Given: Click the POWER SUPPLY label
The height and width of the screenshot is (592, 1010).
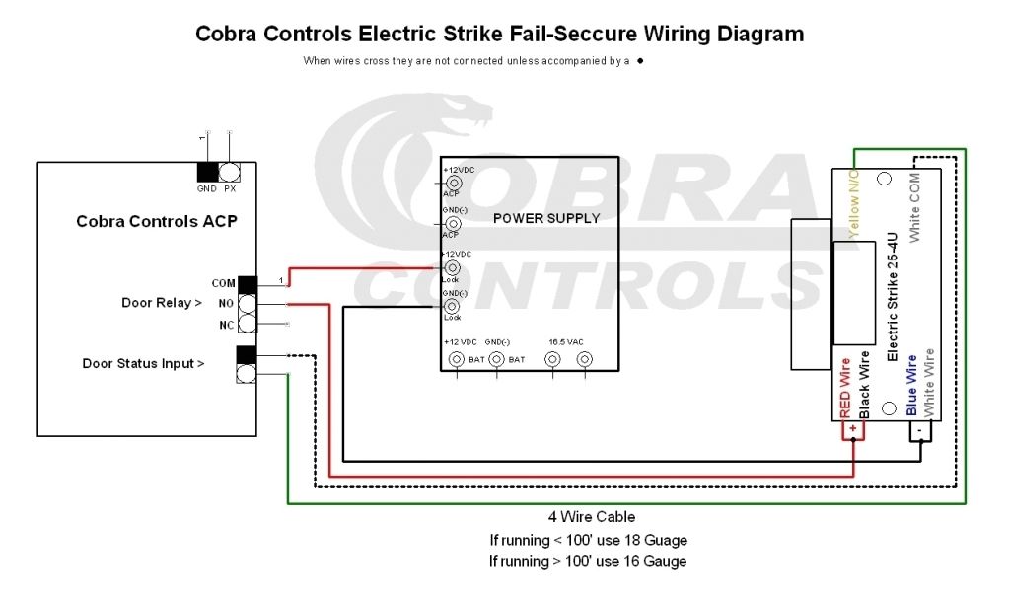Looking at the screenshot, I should pyautogui.click(x=546, y=218).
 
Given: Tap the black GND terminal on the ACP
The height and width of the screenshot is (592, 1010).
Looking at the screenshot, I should pyautogui.click(x=207, y=172).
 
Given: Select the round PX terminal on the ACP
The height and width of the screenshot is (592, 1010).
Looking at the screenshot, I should pyautogui.click(x=230, y=172).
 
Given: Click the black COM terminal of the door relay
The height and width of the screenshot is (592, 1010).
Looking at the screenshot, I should pyautogui.click(x=247, y=284).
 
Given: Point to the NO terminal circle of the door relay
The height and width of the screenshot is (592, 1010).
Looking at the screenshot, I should pyautogui.click(x=247, y=304).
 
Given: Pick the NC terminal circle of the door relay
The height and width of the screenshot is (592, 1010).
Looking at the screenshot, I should pyautogui.click(x=247, y=324).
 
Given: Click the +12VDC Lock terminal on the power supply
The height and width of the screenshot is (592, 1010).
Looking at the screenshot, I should pyautogui.click(x=453, y=267).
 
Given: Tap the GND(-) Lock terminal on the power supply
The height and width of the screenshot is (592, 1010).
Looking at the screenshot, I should pyautogui.click(x=453, y=306).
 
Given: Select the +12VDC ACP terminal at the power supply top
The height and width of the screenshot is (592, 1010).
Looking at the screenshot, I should pyautogui.click(x=454, y=183).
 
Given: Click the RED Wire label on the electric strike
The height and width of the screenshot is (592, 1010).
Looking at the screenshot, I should pyautogui.click(x=845, y=391).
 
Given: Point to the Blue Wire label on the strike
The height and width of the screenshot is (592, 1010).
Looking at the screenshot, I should pyautogui.click(x=912, y=384).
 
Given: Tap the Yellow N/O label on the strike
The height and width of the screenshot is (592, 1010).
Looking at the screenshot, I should pyautogui.click(x=854, y=203).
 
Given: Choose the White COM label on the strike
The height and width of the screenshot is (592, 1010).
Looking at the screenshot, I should pyautogui.click(x=915, y=202).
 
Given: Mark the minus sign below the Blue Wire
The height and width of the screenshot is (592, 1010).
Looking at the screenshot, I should pyautogui.click(x=918, y=432).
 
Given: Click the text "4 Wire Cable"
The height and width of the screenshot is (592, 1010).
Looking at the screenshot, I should pyautogui.click(x=592, y=517).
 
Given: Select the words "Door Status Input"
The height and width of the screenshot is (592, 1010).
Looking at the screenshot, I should pyautogui.click(x=138, y=364).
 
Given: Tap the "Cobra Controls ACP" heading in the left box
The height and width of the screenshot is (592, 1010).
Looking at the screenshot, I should pyautogui.click(x=157, y=221).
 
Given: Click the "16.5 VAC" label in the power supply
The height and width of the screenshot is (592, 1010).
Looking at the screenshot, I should pyautogui.click(x=567, y=340).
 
